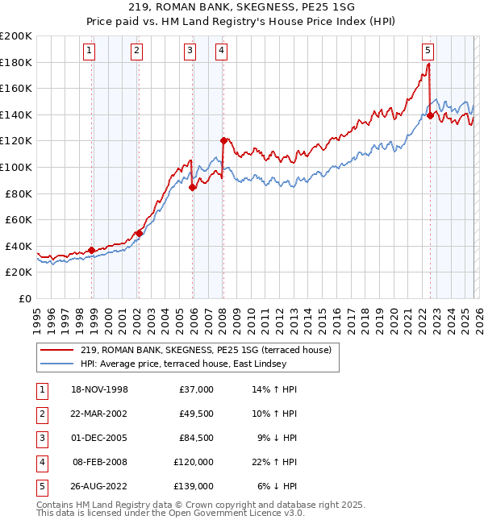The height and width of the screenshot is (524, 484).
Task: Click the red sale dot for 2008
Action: pyautogui.click(x=223, y=140)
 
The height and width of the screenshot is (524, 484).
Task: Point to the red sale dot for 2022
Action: pyautogui.click(x=430, y=115)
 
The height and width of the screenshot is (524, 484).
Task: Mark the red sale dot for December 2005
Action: pyautogui.click(x=192, y=187)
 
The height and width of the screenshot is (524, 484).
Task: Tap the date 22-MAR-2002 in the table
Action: pyautogui.click(x=99, y=414)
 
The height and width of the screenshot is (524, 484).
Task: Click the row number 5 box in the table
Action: pyautogui.click(x=40, y=486)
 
